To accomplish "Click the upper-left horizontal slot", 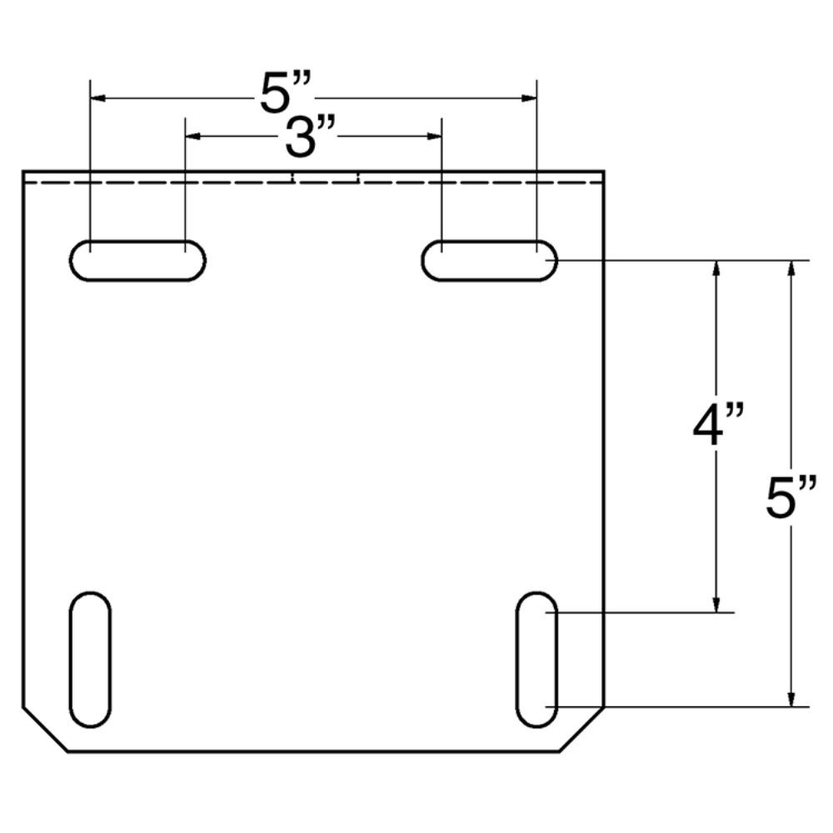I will tap(137, 261).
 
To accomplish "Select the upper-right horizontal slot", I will tap(489, 261).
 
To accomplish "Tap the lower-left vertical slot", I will tap(90, 659).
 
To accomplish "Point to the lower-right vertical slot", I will tap(536, 659).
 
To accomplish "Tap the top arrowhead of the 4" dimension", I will tap(716, 268).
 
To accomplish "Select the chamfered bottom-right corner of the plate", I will tap(581, 730).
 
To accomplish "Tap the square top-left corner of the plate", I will tap(23, 172).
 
